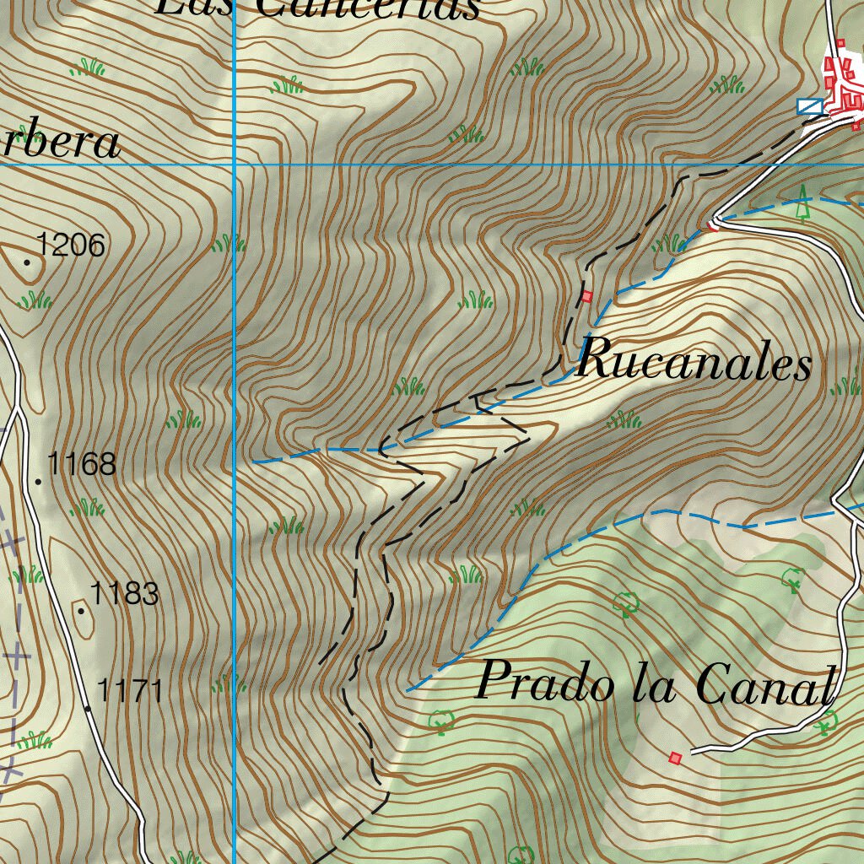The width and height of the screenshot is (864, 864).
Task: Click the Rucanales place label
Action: tap(694, 363)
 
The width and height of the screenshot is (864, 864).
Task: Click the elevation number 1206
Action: tap(71, 246)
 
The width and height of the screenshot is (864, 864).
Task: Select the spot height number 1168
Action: tap(81, 464)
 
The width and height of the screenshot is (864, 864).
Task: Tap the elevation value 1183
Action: tap(124, 594)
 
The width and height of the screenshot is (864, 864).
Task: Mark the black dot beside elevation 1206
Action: tap(27, 262)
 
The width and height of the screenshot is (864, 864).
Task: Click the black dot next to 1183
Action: tap(81, 610)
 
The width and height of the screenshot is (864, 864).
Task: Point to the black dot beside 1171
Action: tap(88, 708)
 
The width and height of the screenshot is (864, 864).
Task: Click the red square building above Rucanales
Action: tap(587, 296)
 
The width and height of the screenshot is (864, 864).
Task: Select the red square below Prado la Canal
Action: tap(674, 758)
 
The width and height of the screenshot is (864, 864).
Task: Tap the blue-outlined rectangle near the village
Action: tap(810, 105)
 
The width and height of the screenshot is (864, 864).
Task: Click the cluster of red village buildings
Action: tap(844, 84)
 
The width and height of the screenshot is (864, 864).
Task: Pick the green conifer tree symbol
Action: tap(803, 202)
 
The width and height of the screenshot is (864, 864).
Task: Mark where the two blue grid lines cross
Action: tap(234, 165)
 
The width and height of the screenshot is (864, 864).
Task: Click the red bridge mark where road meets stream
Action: tap(713, 224)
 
